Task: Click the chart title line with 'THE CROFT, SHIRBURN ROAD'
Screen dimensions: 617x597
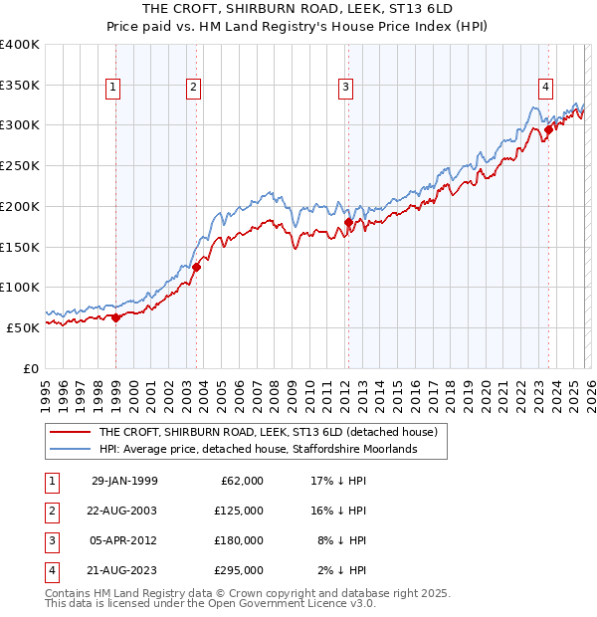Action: click(298, 9)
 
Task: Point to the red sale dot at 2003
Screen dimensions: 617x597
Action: click(197, 267)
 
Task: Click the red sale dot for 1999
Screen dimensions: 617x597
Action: click(116, 317)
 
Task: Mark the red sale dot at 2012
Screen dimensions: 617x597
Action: click(348, 223)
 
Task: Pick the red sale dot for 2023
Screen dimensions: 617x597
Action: click(549, 129)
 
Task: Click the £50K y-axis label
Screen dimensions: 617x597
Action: click(23, 327)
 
